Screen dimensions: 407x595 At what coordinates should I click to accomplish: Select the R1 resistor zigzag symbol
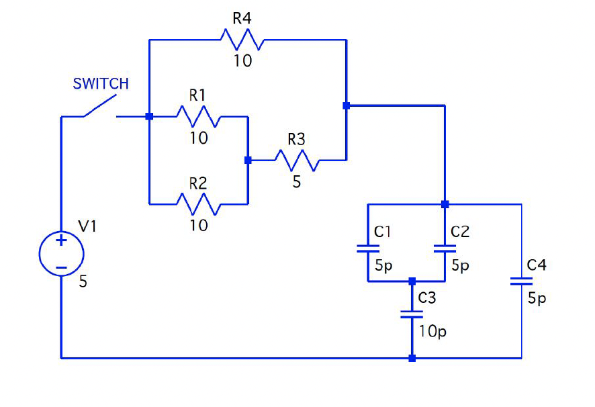(198, 117)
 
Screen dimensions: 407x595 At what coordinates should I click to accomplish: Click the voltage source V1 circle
(61, 254)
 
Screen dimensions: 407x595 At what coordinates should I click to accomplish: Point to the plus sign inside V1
(61, 241)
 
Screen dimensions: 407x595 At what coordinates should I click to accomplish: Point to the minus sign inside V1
(61, 267)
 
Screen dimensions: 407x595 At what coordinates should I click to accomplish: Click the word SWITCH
(101, 84)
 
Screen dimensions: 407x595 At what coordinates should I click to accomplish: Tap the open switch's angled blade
(99, 107)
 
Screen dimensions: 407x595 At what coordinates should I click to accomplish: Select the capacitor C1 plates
(367, 248)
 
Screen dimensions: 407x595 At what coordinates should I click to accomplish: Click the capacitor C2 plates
(445, 248)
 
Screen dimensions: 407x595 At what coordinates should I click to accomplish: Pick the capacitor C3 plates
(412, 314)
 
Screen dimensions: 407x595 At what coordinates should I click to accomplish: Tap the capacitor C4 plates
(521, 281)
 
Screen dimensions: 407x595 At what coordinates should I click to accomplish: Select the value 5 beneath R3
(297, 182)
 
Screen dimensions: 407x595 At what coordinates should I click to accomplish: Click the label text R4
(242, 18)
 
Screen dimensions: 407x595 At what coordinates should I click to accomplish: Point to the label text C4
(537, 265)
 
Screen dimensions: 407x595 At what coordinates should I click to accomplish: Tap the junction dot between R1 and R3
(248, 160)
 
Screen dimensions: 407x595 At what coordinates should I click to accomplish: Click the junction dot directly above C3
(412, 281)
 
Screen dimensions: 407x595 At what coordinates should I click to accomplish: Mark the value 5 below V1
(83, 282)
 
